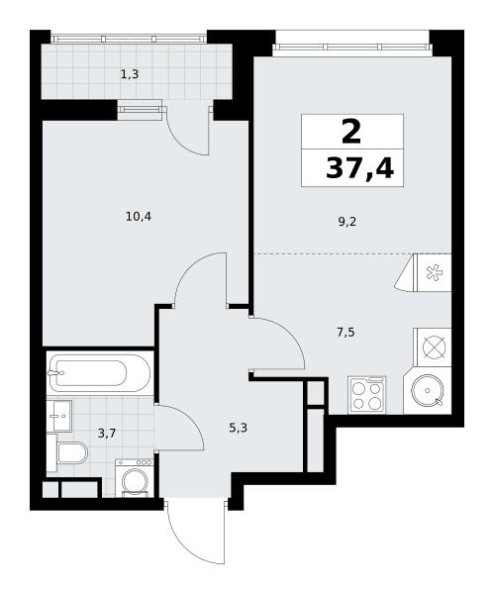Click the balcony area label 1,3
(x=130, y=74)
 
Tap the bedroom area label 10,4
(x=139, y=217)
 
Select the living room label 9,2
(x=347, y=222)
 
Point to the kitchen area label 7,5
(x=346, y=333)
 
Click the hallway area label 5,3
(x=239, y=428)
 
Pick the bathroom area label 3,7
(x=107, y=433)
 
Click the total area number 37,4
(x=359, y=168)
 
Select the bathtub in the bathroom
(x=100, y=373)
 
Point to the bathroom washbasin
(x=60, y=416)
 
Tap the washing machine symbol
(x=135, y=478)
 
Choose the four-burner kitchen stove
(x=366, y=395)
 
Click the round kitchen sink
(x=428, y=390)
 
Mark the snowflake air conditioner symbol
(x=433, y=273)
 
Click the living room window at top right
(x=352, y=47)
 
